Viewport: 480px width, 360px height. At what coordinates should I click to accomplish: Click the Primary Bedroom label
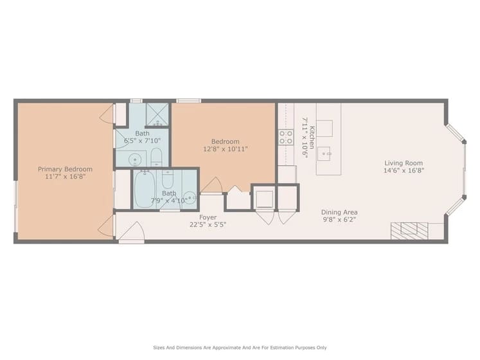click(x=65, y=169)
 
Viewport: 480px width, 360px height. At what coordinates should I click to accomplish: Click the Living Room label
click(x=404, y=163)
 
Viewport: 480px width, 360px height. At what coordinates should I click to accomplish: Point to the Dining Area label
click(x=339, y=212)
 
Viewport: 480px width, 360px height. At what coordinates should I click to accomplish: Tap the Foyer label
click(x=208, y=217)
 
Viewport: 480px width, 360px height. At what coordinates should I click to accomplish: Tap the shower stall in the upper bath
click(x=157, y=114)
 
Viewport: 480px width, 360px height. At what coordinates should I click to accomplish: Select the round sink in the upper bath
click(x=135, y=158)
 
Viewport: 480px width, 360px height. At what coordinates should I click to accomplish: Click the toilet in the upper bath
click(x=156, y=158)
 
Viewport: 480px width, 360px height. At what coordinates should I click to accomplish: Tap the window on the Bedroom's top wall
click(x=188, y=100)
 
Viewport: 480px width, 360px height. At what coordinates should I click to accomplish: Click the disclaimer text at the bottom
click(x=240, y=347)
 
